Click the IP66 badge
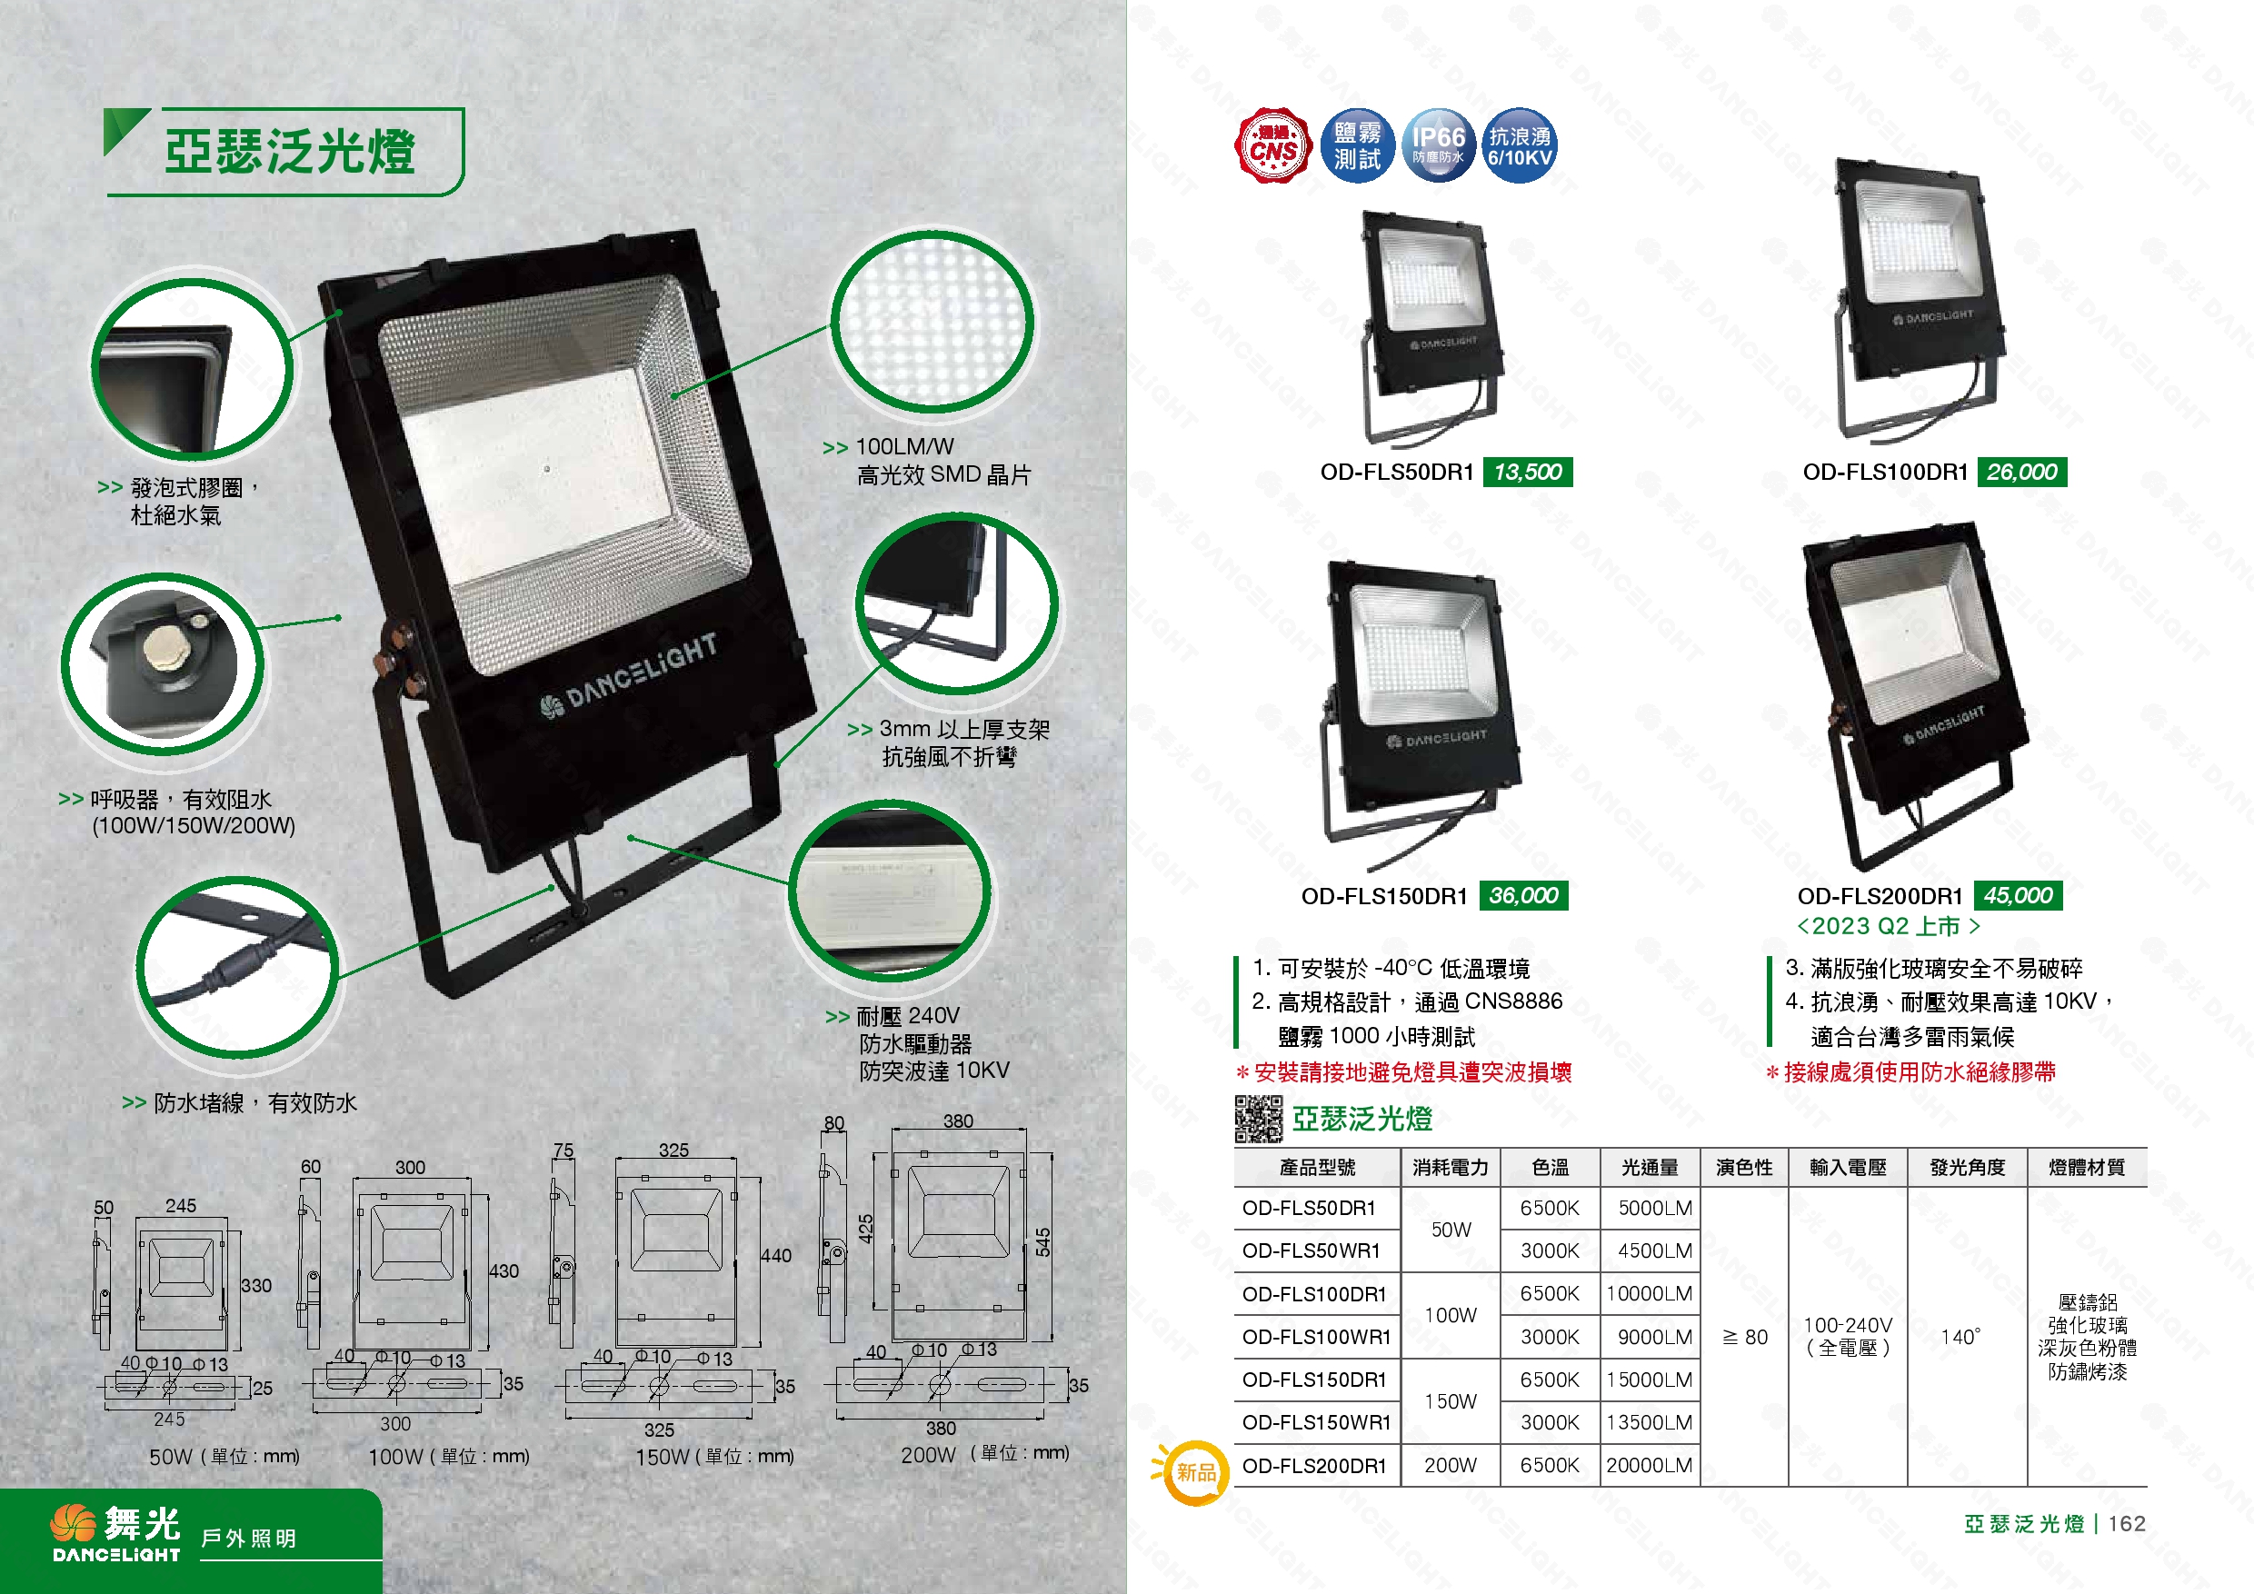click(1437, 145)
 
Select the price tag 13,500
click(1528, 473)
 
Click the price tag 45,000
click(2018, 895)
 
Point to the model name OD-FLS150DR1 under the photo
click(1384, 896)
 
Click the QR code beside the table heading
click(1258, 1119)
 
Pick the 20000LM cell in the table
click(1650, 1466)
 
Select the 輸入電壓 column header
click(1848, 1167)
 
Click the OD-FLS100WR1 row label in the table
click(1316, 1337)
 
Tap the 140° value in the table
click(1960, 1337)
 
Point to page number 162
click(2127, 1523)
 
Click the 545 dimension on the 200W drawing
click(1042, 1242)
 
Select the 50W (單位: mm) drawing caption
click(224, 1457)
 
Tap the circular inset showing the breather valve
click(162, 665)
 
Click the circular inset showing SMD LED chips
click(932, 322)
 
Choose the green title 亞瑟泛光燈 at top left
click(290, 151)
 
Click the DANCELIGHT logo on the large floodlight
click(629, 676)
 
